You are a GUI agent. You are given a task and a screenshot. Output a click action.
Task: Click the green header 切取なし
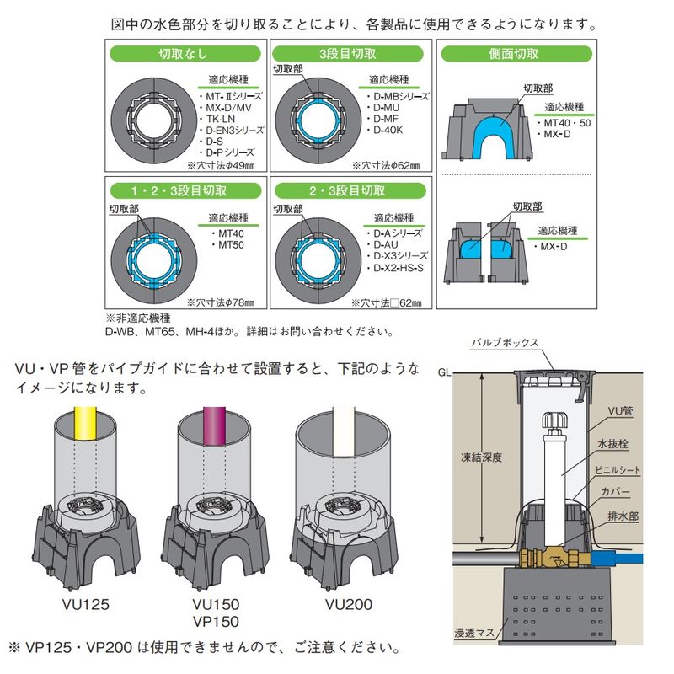(185, 53)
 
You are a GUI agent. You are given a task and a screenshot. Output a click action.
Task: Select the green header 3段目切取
(350, 53)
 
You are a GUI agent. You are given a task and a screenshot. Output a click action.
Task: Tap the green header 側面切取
(514, 53)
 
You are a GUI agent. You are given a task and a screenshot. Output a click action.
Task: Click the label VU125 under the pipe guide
(86, 604)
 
